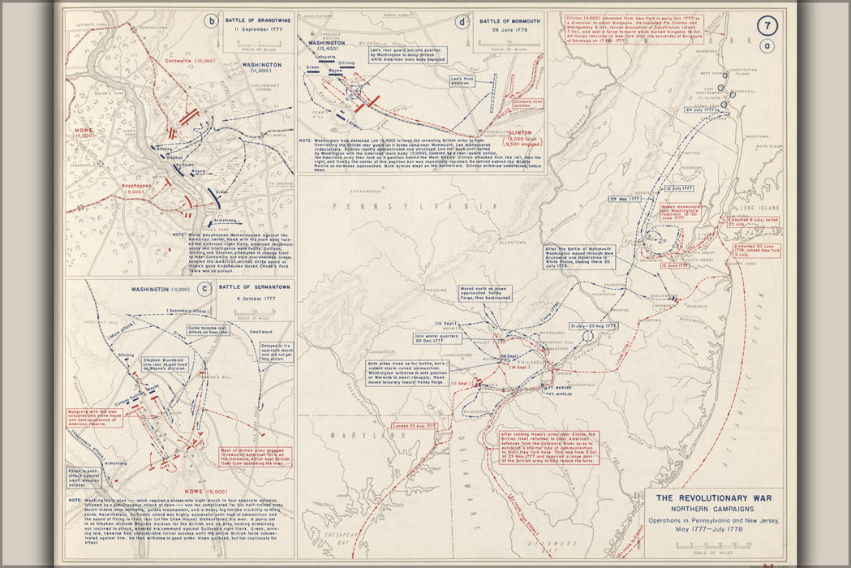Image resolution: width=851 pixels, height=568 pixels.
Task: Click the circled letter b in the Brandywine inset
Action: (x=211, y=22)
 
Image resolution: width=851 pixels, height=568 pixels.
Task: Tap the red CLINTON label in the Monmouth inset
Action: (x=520, y=131)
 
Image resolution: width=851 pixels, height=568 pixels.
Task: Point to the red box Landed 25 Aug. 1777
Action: (x=415, y=425)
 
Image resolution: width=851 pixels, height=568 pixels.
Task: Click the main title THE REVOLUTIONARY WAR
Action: (x=714, y=498)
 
